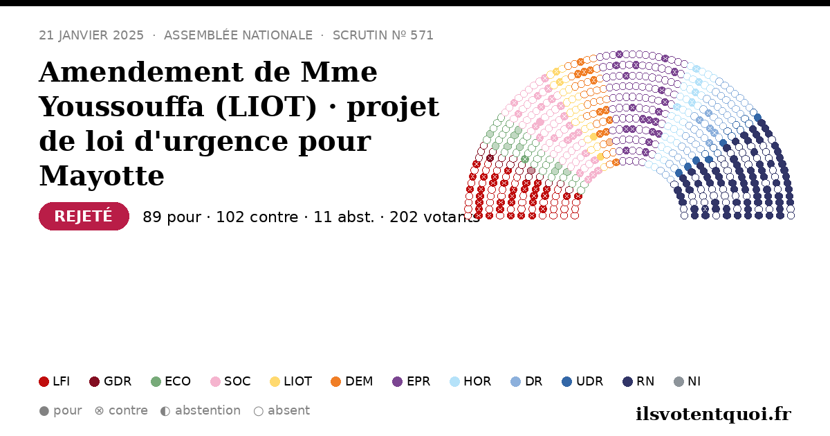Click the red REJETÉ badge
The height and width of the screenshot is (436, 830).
click(84, 216)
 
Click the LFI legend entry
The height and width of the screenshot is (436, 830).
click(54, 381)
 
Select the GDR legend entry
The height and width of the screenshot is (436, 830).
click(111, 381)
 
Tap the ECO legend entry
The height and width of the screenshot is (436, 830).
click(171, 381)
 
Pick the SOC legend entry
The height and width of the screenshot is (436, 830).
click(230, 381)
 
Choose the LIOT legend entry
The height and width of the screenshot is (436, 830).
click(291, 381)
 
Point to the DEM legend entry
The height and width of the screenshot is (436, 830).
click(351, 381)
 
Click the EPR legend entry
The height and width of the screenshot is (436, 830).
click(412, 381)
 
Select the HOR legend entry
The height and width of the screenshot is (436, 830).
click(470, 381)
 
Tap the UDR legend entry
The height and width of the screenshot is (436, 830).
click(582, 381)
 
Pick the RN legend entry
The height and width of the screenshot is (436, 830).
click(638, 381)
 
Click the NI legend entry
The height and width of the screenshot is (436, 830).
click(688, 381)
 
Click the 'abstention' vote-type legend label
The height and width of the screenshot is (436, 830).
click(207, 410)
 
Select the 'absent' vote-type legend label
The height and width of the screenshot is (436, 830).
click(288, 410)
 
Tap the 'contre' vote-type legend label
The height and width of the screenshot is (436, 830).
click(128, 410)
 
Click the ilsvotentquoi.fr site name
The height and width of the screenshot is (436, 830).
click(713, 414)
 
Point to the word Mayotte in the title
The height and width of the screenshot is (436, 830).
click(102, 176)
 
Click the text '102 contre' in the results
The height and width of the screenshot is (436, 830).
click(257, 217)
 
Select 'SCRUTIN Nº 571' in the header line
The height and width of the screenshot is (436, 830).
click(382, 35)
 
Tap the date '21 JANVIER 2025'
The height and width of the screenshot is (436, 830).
click(91, 35)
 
